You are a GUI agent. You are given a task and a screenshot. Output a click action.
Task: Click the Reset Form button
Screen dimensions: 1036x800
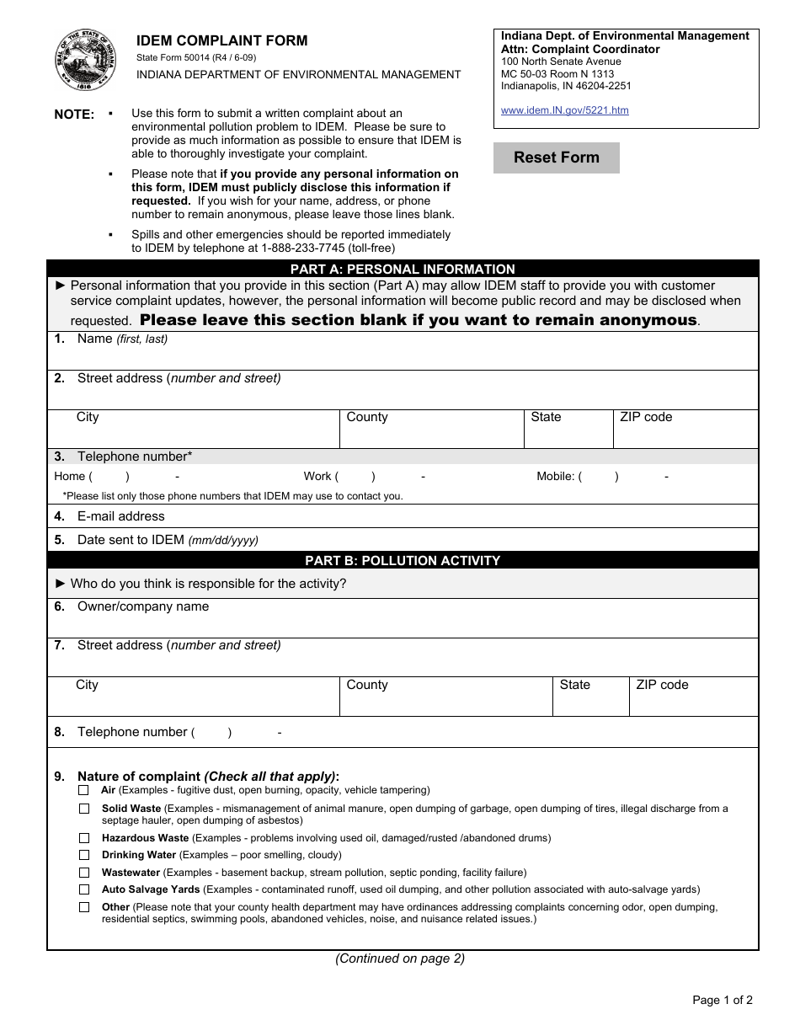click(x=556, y=158)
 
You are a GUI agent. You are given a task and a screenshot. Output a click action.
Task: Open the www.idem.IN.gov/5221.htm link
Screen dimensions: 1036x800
click(x=564, y=110)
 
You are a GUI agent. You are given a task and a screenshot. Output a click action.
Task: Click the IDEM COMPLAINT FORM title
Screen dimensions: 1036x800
click(x=222, y=40)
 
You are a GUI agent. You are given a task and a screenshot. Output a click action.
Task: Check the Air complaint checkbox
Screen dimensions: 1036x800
click(x=83, y=790)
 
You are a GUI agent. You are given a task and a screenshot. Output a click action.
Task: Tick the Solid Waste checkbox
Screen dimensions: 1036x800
click(x=83, y=809)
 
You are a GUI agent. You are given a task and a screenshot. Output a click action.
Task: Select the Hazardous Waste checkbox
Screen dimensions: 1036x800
click(x=83, y=838)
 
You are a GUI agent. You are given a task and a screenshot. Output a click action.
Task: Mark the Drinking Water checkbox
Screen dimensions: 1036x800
click(x=83, y=855)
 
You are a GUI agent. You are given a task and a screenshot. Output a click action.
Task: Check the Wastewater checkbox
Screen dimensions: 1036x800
click(x=83, y=873)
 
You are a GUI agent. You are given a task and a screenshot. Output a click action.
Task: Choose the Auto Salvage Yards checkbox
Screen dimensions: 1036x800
click(x=83, y=889)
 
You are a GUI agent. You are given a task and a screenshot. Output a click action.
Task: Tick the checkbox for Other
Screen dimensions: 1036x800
click(x=83, y=907)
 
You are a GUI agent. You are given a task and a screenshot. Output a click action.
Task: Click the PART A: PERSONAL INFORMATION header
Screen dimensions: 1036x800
click(x=403, y=270)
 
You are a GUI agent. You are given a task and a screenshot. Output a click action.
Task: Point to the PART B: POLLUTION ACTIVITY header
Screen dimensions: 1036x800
click(x=403, y=561)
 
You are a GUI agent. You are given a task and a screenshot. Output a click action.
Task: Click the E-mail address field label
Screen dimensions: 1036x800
click(x=120, y=516)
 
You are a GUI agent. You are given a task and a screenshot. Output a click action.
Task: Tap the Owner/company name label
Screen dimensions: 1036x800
click(x=142, y=606)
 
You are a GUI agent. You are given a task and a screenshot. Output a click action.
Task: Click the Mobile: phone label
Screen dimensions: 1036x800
click(x=556, y=477)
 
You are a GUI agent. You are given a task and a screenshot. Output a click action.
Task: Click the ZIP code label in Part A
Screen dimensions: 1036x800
click(x=645, y=417)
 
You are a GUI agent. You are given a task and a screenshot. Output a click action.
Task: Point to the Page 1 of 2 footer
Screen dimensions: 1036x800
click(x=722, y=1001)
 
